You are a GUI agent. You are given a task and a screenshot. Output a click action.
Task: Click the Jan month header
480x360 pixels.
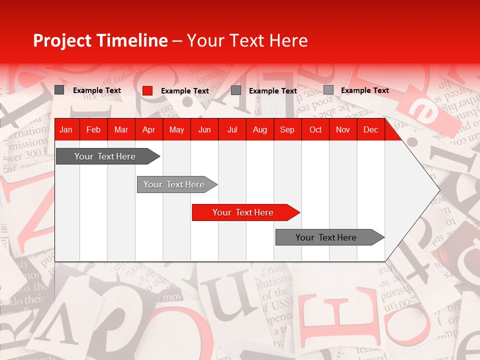click(x=66, y=129)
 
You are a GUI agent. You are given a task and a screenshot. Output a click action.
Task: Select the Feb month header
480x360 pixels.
click(x=93, y=129)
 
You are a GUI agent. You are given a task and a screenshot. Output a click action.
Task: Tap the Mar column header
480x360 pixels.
click(x=121, y=129)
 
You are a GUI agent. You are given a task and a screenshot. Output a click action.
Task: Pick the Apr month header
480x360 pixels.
click(x=149, y=129)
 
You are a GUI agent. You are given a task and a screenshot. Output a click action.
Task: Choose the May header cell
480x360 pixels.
click(x=176, y=129)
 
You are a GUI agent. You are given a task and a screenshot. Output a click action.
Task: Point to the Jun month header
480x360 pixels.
click(x=204, y=129)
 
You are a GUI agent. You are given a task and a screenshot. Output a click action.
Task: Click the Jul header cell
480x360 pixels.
click(x=232, y=129)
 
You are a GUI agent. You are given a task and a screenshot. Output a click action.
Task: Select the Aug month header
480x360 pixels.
click(x=260, y=129)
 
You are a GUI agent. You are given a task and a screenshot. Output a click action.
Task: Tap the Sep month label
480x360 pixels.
click(x=287, y=129)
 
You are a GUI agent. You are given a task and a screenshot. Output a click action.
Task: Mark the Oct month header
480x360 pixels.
click(x=315, y=129)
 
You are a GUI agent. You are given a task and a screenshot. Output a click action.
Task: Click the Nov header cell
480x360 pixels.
click(x=343, y=129)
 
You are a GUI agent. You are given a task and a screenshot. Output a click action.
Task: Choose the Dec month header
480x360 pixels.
click(x=371, y=129)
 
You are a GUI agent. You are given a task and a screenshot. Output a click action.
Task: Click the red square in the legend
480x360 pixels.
click(x=147, y=90)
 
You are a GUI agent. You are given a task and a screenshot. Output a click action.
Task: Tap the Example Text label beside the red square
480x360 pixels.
click(x=185, y=91)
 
